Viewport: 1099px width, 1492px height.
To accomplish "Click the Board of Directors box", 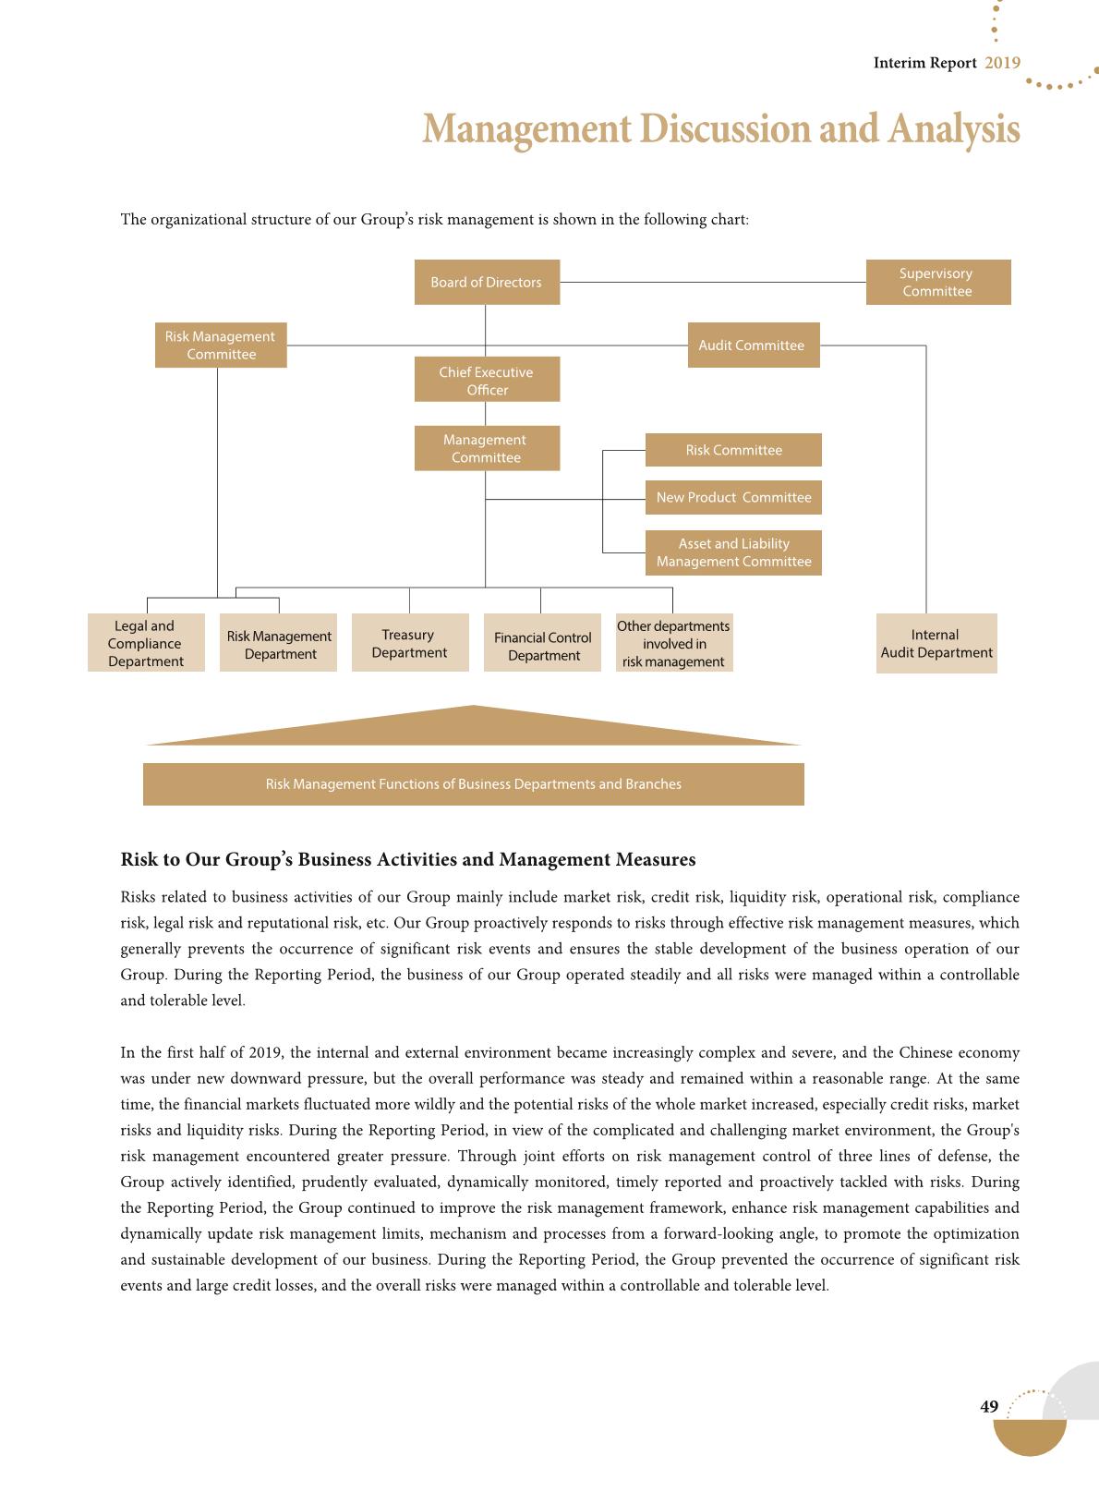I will point(487,282).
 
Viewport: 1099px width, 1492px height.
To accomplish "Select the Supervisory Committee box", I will point(937,282).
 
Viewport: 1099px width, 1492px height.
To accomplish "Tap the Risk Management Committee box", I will point(221,345).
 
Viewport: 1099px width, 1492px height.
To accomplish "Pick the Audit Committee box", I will point(753,345).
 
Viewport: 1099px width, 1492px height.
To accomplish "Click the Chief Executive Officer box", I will point(487,380).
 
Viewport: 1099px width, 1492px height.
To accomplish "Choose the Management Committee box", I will point(487,448).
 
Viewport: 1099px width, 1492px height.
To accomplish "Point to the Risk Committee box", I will point(733,450).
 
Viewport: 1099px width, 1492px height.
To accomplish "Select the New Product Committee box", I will point(733,497).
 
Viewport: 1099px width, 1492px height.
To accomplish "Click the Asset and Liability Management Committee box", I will point(733,552).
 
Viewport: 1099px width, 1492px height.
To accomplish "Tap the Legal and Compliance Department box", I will point(146,643).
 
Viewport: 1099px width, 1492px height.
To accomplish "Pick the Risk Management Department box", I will point(279,644).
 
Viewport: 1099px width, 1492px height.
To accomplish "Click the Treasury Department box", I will point(410,643).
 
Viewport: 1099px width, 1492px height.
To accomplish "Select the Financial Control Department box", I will point(542,645).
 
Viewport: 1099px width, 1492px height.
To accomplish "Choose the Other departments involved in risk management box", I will point(674,643).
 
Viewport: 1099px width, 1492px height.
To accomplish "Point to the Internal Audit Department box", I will point(936,643).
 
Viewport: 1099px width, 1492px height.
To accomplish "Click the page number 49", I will point(989,1406).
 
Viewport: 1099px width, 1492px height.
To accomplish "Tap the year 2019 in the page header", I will point(1002,63).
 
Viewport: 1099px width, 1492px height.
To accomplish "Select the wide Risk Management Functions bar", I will point(473,784).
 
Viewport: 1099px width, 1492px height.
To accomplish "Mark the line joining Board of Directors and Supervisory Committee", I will point(712,282).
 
